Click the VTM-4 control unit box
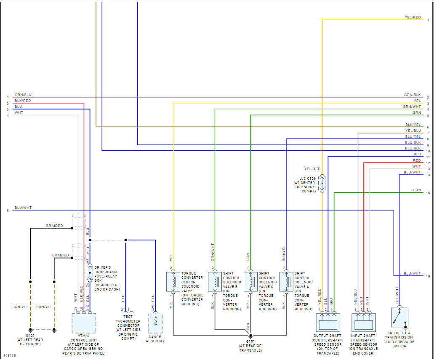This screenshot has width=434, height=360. point(84,323)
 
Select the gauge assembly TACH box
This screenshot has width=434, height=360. point(155,321)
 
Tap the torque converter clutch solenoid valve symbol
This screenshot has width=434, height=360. point(173,281)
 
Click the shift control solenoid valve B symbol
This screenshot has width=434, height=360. point(215,281)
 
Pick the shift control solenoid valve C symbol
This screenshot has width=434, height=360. point(250,281)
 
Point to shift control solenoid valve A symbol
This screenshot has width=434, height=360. point(286,281)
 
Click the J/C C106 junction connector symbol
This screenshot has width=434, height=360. point(322,184)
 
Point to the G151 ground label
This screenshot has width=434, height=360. point(250,341)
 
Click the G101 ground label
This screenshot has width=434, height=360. point(30,336)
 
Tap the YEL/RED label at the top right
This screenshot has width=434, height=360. point(413,17)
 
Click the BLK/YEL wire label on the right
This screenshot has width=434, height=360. point(413,125)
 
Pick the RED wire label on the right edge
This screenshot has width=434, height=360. point(417,160)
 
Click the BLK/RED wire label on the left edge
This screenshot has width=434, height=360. point(22,101)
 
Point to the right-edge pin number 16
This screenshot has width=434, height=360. point(428,276)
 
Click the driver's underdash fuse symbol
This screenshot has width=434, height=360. point(90,273)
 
